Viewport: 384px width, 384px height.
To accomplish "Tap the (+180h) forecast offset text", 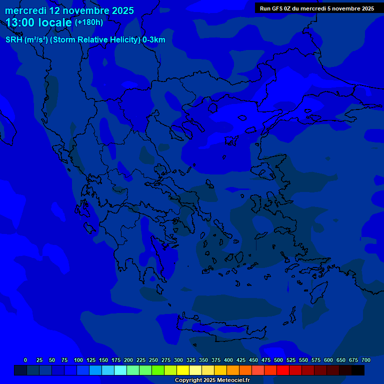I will click(89, 22).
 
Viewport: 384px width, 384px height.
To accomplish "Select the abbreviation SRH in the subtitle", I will click(14, 40).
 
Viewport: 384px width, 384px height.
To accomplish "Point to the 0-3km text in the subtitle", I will click(153, 40).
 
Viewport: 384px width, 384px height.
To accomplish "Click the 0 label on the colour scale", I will click(25, 360).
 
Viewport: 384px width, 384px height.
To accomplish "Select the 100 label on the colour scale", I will click(78, 360).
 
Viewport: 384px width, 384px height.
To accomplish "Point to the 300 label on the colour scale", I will click(178, 360).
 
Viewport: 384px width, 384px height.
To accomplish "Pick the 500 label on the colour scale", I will click(278, 360).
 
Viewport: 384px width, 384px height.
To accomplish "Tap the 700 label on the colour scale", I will click(366, 360).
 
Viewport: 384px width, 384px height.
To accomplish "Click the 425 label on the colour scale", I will click(241, 360).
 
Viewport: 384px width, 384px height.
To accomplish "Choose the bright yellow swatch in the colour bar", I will click(183, 370).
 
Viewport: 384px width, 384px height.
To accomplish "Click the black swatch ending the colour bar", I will click(358, 370).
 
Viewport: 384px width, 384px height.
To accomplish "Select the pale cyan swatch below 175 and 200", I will click(120, 370).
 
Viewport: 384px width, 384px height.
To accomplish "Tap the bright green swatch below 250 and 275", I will click(158, 370).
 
